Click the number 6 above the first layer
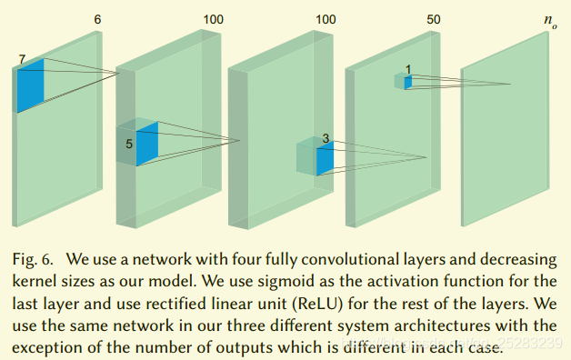tap(97, 19)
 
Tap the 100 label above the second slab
tap(212, 19)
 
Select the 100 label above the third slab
tap(326, 19)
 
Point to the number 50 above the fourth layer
tap(433, 19)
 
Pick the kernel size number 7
tap(21, 59)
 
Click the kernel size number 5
tap(128, 144)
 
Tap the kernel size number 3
tap(325, 138)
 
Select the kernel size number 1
tap(408, 69)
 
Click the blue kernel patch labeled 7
tap(30, 85)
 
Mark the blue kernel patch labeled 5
tap(146, 144)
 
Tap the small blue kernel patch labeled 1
tap(408, 83)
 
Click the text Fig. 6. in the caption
tap(34, 261)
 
